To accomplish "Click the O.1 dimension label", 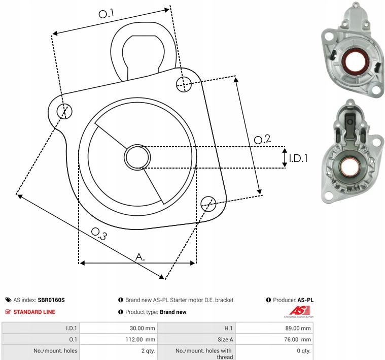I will tap(106, 14).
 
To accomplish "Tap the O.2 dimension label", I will tap(262, 139).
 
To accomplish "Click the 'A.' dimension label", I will tap(140, 257).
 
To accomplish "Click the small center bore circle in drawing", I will tap(137, 157).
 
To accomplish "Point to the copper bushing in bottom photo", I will tap(350, 167).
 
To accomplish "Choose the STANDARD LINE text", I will tap(34, 312).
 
